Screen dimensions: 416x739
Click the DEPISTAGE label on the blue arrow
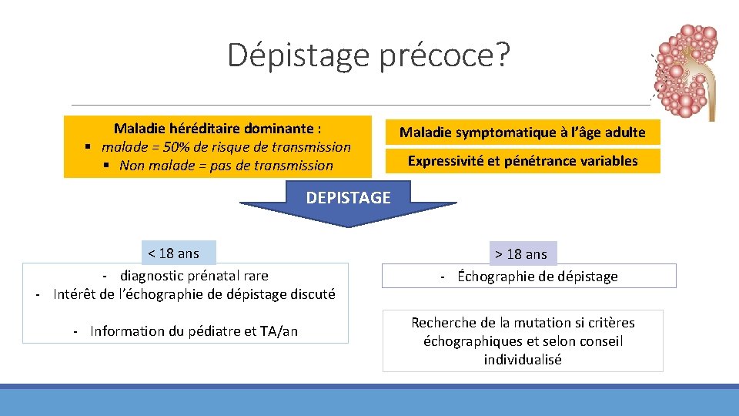point(348,198)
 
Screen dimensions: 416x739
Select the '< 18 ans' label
point(173,253)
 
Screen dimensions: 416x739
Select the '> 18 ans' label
point(521,253)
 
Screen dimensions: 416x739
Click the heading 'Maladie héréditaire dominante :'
point(218,128)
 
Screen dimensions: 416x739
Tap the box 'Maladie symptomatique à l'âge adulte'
point(522,133)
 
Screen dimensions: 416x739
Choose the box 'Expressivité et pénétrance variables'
point(522,161)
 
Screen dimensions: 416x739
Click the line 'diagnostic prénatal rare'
point(194,276)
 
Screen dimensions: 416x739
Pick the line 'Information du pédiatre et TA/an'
point(193,331)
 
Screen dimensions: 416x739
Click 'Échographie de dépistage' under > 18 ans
point(537,277)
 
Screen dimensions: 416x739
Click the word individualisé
point(523,360)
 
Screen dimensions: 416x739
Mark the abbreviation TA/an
point(279,331)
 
